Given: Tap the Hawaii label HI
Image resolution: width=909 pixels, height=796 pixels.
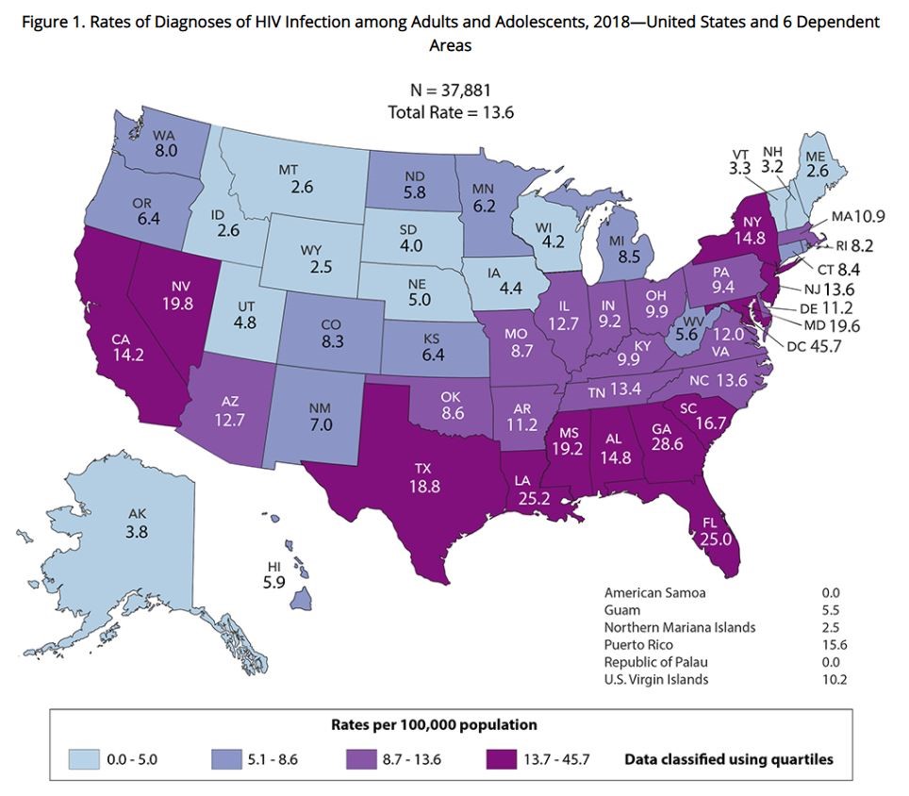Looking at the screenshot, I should pyautogui.click(x=273, y=568).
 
